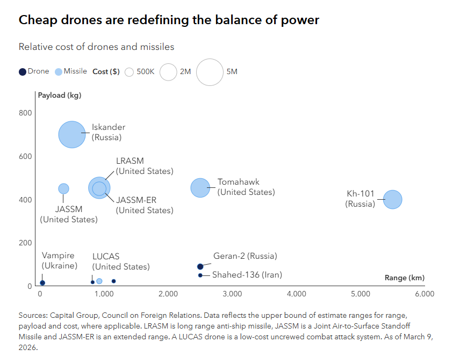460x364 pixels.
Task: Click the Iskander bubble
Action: (x=72, y=134)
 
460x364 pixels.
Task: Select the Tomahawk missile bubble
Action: (x=200, y=187)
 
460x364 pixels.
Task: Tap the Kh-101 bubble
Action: (x=393, y=199)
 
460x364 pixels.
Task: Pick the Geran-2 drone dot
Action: (x=200, y=266)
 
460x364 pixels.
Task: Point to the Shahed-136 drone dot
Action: (x=200, y=275)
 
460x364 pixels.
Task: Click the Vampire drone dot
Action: (x=42, y=282)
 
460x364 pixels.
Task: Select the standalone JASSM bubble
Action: (x=63, y=188)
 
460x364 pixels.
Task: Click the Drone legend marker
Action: (x=22, y=71)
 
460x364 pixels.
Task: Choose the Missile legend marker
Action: (x=58, y=71)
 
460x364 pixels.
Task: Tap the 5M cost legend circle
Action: (x=210, y=72)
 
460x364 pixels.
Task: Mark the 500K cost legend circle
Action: (x=129, y=72)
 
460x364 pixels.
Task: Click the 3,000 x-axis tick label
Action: (x=232, y=294)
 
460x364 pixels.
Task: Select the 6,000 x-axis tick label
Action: (x=424, y=294)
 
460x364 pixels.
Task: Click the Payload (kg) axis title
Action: (x=60, y=96)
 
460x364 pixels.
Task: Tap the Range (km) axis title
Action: (x=404, y=278)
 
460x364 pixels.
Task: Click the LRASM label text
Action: (x=130, y=161)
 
